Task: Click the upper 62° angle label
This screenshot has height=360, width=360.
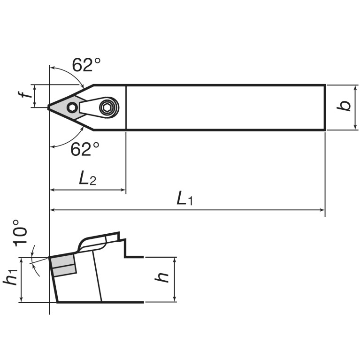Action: [86, 65]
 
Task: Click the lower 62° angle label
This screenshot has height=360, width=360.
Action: [85, 149]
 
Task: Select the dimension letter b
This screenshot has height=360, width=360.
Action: [345, 106]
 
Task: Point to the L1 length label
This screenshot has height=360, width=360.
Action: [184, 199]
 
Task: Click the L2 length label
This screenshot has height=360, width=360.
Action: [87, 178]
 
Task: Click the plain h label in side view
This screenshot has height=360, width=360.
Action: [163, 278]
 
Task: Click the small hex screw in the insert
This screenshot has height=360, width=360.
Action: [72, 107]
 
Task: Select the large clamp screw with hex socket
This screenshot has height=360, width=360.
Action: [107, 107]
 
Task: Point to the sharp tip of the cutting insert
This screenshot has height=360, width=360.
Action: [49, 107]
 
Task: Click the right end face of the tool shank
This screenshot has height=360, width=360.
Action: [325, 107]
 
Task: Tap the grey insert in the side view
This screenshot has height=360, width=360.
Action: [63, 266]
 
